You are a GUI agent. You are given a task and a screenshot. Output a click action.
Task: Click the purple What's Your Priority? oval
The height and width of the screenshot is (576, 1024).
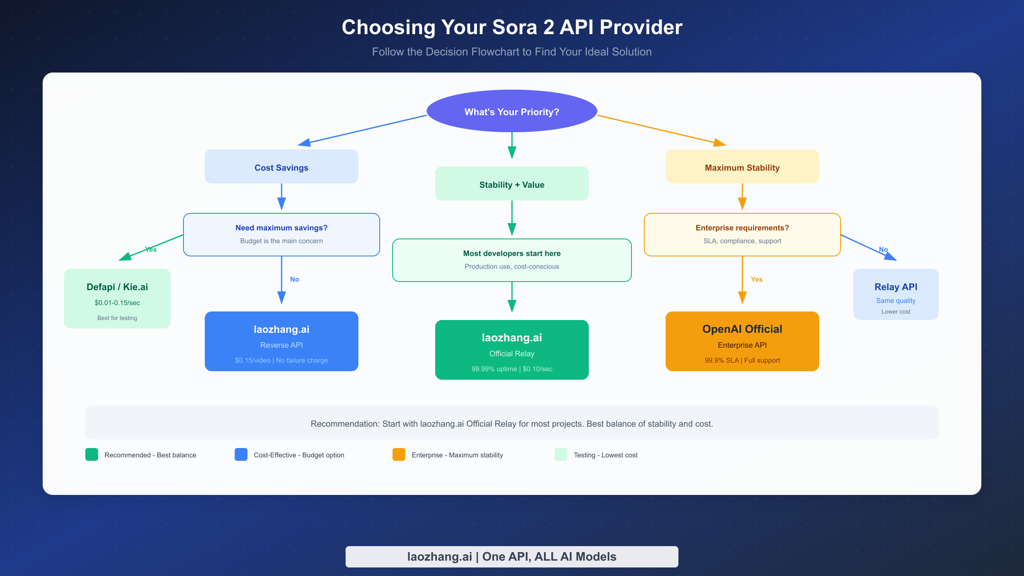tap(512, 111)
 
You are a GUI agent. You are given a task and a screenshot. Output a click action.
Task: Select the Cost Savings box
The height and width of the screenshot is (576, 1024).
tap(281, 167)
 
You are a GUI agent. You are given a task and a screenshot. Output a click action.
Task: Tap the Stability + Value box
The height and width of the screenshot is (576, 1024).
tap(512, 184)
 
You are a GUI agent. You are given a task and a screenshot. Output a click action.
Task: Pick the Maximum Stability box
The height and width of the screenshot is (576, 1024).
tap(742, 167)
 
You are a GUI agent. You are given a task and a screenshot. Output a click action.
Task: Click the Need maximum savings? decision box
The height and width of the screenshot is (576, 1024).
tap(281, 234)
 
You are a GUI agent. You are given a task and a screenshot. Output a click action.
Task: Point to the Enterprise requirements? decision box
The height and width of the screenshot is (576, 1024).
tap(742, 234)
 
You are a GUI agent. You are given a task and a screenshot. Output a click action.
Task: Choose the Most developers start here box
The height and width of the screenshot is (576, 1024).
tap(512, 260)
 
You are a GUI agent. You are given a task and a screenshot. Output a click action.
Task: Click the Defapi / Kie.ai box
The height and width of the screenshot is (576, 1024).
tap(117, 298)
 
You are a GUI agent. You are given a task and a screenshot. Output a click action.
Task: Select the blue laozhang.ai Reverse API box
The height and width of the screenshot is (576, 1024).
tap(281, 341)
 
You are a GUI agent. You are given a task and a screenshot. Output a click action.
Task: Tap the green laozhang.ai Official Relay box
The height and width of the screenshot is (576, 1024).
tap(512, 349)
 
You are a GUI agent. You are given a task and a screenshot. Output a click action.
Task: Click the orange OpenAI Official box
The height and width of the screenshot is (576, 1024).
tap(742, 341)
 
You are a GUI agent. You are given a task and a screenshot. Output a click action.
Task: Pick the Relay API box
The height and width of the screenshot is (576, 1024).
tap(896, 294)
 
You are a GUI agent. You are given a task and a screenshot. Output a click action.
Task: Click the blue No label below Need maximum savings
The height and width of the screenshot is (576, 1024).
tap(294, 279)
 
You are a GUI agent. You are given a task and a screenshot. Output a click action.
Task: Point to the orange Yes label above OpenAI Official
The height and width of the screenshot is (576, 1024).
tap(756, 279)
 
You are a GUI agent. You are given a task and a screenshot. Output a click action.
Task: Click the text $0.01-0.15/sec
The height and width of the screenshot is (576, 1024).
tap(117, 303)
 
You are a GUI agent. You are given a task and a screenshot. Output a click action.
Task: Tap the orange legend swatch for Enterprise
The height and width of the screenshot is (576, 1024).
tap(399, 454)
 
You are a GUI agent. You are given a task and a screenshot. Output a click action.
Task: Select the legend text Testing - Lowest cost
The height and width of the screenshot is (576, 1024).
tap(605, 455)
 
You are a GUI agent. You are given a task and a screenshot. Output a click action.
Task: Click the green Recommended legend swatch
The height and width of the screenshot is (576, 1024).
tap(91, 454)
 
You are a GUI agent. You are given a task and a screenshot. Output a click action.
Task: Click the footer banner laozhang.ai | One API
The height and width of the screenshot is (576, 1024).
tap(512, 556)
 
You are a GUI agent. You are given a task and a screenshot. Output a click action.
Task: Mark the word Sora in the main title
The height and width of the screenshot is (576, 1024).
tap(514, 27)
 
